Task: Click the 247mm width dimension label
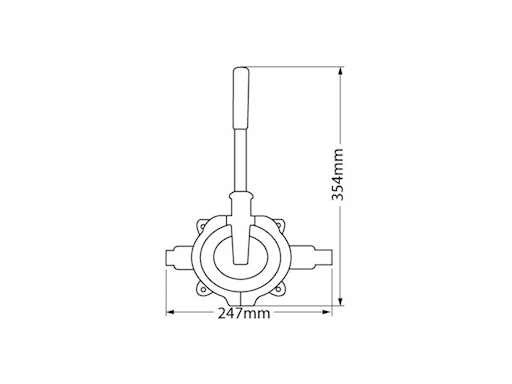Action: pyautogui.click(x=244, y=313)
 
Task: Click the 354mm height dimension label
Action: pyautogui.click(x=337, y=174)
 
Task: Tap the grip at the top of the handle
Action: pyautogui.click(x=241, y=98)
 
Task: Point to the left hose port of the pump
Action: pyautogui.click(x=179, y=257)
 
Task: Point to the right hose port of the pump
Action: pyautogui.click(x=312, y=257)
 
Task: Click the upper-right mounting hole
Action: pyautogui.click(x=280, y=226)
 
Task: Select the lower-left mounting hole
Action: pyautogui.click(x=202, y=289)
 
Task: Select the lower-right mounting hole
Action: pyautogui.click(x=279, y=289)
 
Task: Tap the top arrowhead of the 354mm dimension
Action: pyautogui.click(x=340, y=71)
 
